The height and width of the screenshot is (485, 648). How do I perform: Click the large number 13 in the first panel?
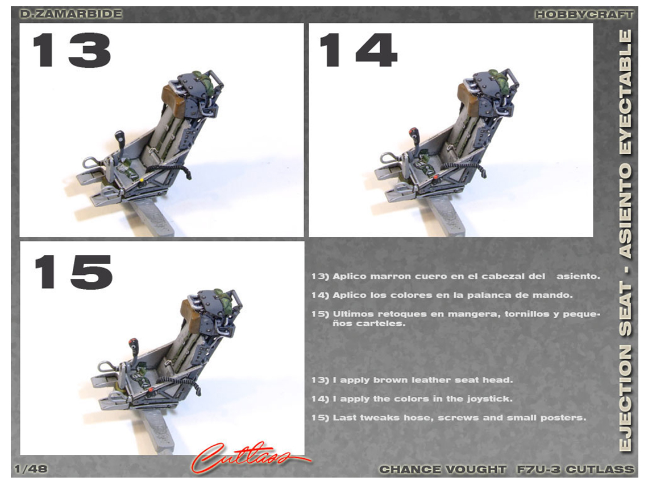click(x=72, y=50)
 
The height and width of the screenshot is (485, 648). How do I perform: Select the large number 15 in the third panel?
click(x=73, y=272)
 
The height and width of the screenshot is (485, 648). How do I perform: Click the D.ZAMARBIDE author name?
click(x=71, y=14)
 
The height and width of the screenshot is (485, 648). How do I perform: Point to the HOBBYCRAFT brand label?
click(x=584, y=14)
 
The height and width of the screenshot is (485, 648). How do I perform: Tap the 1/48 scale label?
click(x=31, y=469)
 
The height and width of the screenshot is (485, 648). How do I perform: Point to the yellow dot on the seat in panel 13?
click(x=142, y=180)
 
